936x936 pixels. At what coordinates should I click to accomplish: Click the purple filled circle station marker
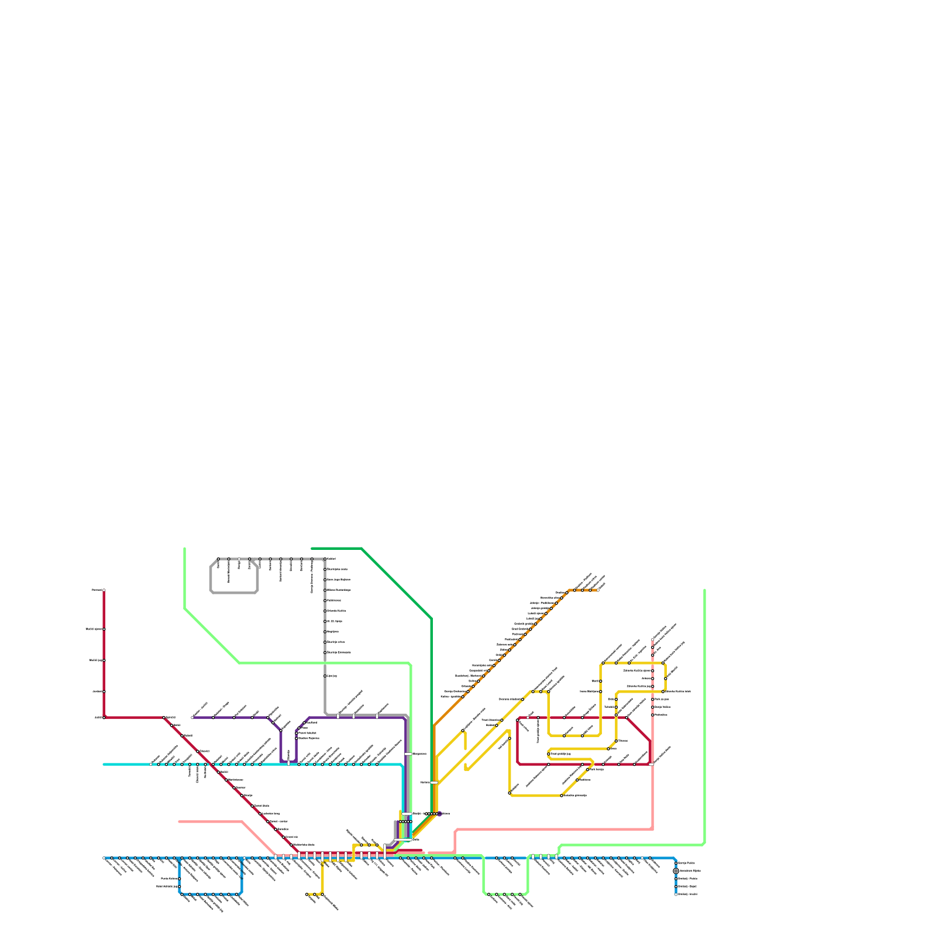click(x=439, y=814)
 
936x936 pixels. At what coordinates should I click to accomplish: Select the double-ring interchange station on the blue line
click(x=676, y=871)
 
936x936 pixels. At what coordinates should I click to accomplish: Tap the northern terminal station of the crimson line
click(x=104, y=590)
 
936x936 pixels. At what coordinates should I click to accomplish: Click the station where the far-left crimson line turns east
click(x=104, y=717)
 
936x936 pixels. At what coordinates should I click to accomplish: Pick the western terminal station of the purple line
click(x=192, y=717)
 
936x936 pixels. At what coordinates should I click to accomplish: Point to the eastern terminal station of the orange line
click(x=598, y=590)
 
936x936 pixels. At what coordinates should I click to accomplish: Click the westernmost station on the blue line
click(x=104, y=858)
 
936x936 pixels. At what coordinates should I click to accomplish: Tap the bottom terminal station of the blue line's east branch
click(x=676, y=894)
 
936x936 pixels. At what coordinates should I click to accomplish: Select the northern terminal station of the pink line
click(x=653, y=639)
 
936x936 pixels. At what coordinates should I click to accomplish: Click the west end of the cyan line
click(x=104, y=764)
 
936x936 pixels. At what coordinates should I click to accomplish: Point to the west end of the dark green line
click(x=312, y=549)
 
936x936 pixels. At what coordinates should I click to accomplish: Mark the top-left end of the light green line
click(x=185, y=549)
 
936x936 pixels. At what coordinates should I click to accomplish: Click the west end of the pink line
click(x=180, y=821)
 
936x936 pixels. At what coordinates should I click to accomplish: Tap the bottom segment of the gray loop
click(x=234, y=593)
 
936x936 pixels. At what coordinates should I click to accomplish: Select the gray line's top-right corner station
click(x=325, y=559)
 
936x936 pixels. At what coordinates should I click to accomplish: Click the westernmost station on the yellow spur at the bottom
click(x=307, y=894)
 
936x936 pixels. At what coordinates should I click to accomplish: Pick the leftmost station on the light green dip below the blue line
click(x=489, y=894)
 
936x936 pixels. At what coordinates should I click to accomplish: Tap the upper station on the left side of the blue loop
click(x=180, y=879)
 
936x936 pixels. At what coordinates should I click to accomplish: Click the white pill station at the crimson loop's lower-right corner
click(x=651, y=764)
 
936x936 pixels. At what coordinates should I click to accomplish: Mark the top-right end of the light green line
click(x=704, y=590)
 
